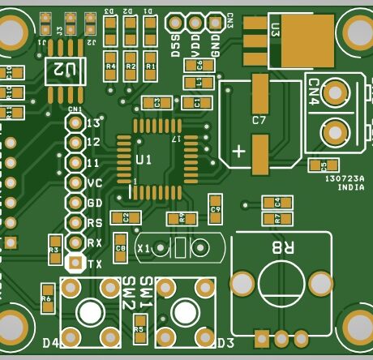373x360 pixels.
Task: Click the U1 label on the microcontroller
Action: pos(144,160)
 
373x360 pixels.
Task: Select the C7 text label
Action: pos(259,120)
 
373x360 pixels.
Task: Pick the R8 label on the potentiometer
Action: pos(283,248)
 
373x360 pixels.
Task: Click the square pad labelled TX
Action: pos(75,263)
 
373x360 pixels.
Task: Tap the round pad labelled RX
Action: pos(75,242)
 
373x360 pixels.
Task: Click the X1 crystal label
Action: pos(144,248)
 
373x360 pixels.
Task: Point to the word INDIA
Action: pos(350,187)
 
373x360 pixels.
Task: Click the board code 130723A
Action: pos(345,178)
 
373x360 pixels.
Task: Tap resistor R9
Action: pos(182,217)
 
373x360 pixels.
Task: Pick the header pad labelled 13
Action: pos(75,122)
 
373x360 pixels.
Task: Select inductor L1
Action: pos(193,82)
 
